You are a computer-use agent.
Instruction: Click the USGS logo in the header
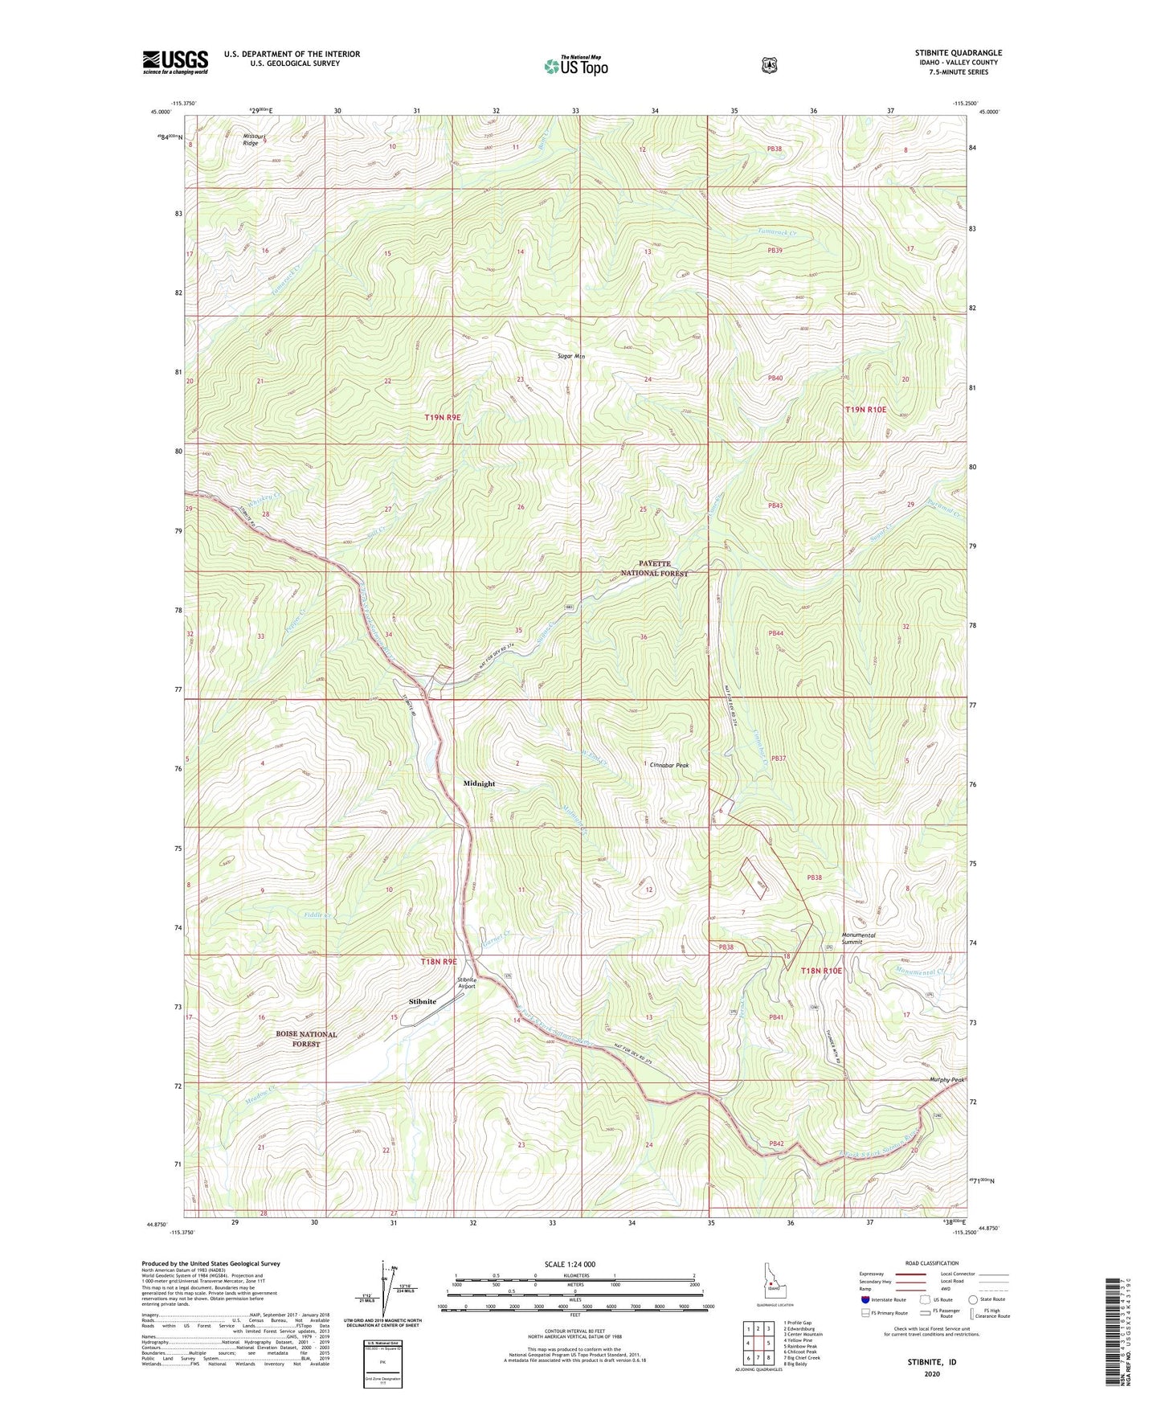click(x=175, y=61)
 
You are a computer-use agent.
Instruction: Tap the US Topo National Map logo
click(x=574, y=66)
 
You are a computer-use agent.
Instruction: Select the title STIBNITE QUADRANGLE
click(x=958, y=53)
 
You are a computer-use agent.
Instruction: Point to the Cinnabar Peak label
click(x=668, y=765)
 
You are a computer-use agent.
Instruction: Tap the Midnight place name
click(x=479, y=783)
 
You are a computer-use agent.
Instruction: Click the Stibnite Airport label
click(x=467, y=983)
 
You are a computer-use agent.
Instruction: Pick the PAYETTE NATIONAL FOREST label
click(x=652, y=569)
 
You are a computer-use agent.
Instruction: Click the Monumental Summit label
click(x=858, y=939)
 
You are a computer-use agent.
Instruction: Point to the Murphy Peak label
click(x=946, y=1079)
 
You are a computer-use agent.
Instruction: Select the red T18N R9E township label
click(x=439, y=961)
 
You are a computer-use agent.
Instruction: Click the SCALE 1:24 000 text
click(x=570, y=1264)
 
